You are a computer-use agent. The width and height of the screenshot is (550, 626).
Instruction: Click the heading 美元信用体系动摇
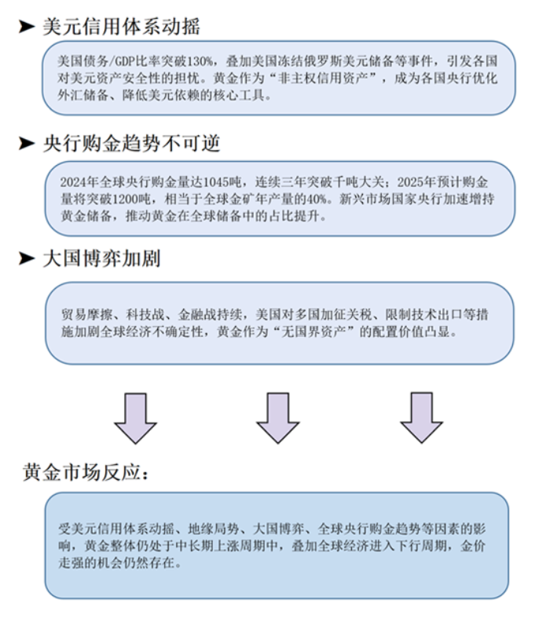coord(121,27)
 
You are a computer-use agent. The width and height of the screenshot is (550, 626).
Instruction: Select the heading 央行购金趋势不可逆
coord(131,143)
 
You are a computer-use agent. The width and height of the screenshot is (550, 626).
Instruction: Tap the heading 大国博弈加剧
coord(101,258)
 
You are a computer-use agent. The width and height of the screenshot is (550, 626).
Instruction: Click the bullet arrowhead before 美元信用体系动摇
coord(27,27)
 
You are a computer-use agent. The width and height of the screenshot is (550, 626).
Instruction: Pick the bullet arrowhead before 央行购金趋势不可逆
coord(27,143)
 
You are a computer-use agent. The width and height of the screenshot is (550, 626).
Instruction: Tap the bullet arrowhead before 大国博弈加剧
coord(27,258)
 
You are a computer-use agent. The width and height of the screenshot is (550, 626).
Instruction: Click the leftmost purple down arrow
coord(135,418)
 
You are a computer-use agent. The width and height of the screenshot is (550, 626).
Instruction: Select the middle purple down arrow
coord(277,418)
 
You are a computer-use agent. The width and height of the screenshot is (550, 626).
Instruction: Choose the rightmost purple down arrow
coord(421,418)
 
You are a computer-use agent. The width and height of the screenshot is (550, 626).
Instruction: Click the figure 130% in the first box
coord(200,61)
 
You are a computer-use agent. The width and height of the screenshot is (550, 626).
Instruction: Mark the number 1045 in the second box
coord(216,182)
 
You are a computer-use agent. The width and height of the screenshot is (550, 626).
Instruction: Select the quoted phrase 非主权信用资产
coord(323,78)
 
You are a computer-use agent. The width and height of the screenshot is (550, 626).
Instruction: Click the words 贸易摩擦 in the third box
coord(86,315)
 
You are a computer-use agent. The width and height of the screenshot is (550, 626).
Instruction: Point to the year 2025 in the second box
coord(410,182)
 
